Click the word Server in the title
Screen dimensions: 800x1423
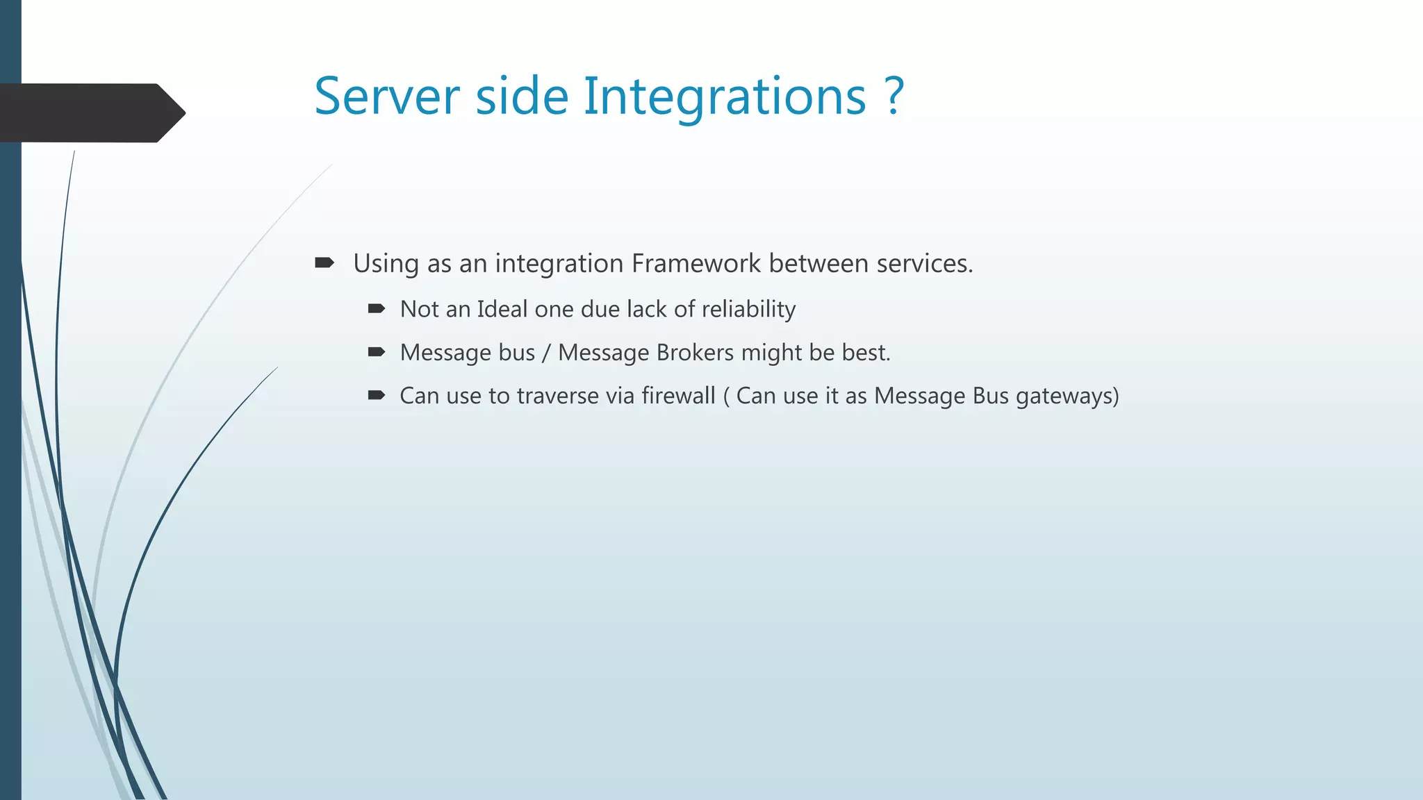(387, 97)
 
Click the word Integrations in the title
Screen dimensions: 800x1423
(725, 97)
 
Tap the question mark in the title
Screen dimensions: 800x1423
(895, 97)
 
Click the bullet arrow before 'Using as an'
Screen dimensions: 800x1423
(324, 263)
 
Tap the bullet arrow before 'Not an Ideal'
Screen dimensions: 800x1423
(376, 309)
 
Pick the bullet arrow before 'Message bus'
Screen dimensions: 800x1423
(376, 353)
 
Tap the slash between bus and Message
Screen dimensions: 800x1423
(546, 353)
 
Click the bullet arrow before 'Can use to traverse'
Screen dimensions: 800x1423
(376, 396)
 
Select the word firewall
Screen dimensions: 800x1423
(678, 396)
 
